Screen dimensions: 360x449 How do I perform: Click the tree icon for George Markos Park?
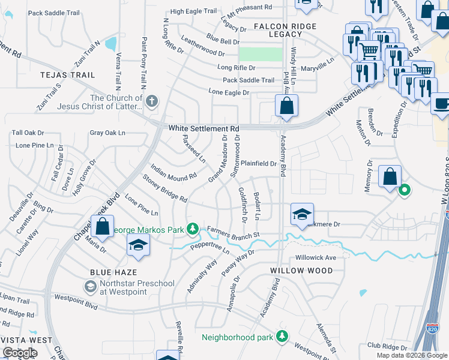coord(192,229)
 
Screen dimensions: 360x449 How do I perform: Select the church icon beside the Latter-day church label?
coord(152,101)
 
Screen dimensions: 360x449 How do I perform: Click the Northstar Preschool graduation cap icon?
coord(90,287)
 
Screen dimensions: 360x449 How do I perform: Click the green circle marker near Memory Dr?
coord(405,191)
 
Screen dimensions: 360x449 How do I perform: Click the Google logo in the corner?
coord(19,353)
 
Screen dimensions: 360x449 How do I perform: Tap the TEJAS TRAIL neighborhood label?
coord(67,75)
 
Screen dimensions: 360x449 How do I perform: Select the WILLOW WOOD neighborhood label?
coord(301,271)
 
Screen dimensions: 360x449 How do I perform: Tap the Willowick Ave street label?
coord(315,257)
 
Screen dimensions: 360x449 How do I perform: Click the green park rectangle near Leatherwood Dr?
coord(260,54)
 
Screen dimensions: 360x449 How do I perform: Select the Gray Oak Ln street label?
coord(107,133)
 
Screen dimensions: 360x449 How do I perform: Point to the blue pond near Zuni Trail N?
coord(110,43)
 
